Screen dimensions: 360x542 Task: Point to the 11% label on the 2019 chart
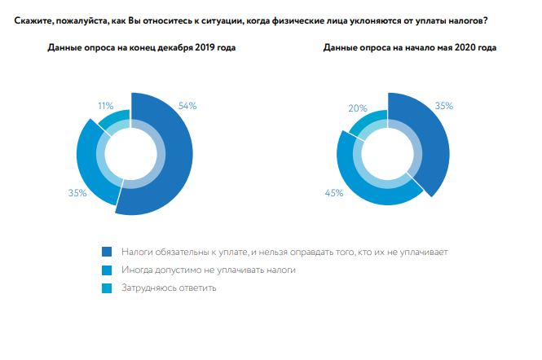(104, 106)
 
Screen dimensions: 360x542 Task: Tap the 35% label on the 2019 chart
(77, 193)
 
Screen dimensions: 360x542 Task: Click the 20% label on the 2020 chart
(357, 108)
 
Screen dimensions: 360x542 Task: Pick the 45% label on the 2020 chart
(334, 193)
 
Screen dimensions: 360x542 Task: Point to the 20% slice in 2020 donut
(366, 122)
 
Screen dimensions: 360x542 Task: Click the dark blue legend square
(107, 252)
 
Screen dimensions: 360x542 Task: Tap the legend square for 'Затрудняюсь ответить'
(107, 288)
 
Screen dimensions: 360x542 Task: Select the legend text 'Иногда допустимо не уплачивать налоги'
(208, 270)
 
